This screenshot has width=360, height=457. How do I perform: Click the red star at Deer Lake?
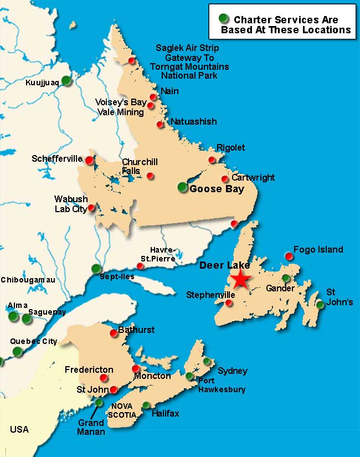click(240, 280)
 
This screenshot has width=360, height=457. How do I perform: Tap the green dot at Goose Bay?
click(183, 187)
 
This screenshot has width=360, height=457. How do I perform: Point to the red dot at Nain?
click(153, 97)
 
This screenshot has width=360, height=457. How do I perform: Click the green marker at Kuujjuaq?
click(66, 80)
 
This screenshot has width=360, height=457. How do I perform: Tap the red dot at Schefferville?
click(89, 160)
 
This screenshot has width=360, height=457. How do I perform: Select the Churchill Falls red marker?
click(150, 176)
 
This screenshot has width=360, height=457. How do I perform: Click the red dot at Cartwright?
click(225, 179)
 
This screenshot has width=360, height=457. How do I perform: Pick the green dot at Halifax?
click(146, 405)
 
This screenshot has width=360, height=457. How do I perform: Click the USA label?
click(19, 429)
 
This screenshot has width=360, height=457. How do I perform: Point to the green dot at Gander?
click(286, 278)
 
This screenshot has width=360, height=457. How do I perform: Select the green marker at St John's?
click(320, 304)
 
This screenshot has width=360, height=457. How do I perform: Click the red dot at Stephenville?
click(230, 303)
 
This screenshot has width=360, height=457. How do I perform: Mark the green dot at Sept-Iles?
click(96, 269)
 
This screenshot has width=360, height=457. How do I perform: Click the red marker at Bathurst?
click(114, 333)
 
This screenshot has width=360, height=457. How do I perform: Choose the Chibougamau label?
click(28, 280)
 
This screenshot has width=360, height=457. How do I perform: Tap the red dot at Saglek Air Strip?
click(132, 60)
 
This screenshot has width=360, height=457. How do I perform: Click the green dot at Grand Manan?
click(99, 403)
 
